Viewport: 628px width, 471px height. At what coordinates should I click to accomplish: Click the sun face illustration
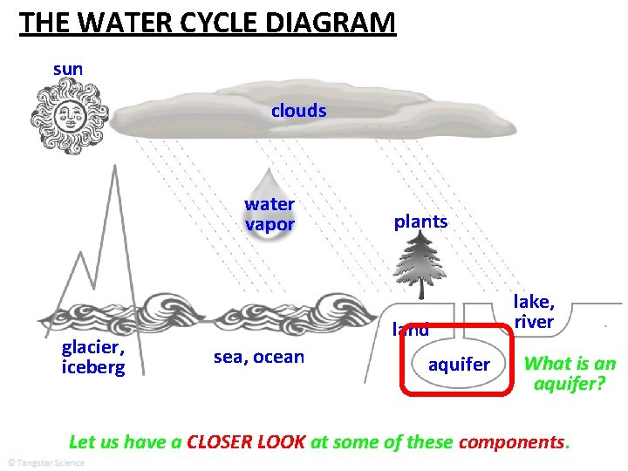tap(69, 116)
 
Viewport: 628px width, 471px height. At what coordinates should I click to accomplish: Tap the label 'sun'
tap(68, 68)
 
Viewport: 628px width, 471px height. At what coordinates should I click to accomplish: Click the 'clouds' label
tap(298, 111)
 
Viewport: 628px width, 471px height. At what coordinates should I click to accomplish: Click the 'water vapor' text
tap(270, 215)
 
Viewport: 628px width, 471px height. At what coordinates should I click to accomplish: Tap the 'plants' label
tap(420, 222)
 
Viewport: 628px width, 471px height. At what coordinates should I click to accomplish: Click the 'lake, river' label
tap(534, 311)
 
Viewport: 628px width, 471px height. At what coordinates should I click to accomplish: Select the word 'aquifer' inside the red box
tap(459, 364)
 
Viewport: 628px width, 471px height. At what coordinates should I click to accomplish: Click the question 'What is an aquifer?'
tap(570, 373)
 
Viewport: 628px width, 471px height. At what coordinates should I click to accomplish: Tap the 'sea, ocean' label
tap(259, 357)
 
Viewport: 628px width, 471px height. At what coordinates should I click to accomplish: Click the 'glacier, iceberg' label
tap(93, 357)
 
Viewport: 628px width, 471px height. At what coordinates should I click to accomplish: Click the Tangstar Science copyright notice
tap(45, 462)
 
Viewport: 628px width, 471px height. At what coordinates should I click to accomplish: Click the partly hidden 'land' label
tap(410, 330)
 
